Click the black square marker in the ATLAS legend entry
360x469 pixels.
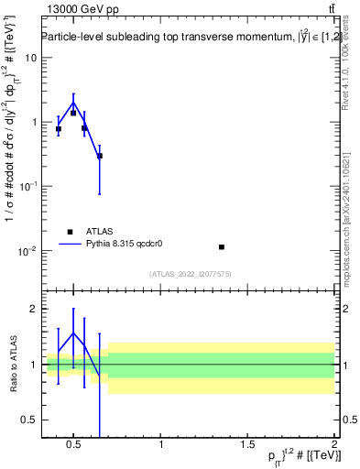tap(71, 232)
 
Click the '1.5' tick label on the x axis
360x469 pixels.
tap(247, 444)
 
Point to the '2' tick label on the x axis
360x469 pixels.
tap(333, 444)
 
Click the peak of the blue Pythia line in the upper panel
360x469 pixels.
tap(73, 103)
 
